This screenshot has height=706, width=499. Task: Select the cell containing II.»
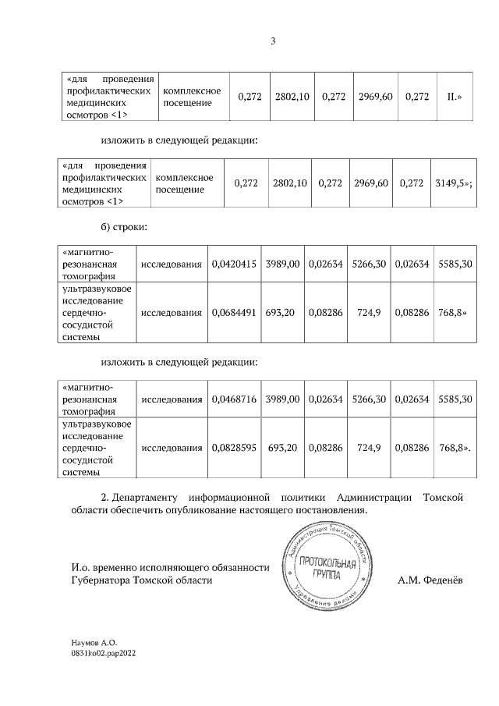[451, 97]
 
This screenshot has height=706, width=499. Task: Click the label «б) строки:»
[124, 227]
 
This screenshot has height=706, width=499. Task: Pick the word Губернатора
[101, 580]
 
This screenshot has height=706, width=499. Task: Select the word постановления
[327, 510]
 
